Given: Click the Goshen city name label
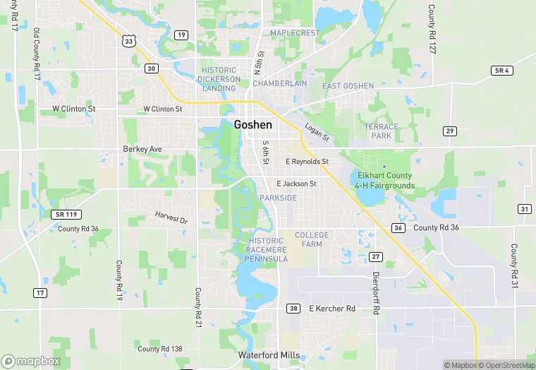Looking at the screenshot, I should [x=253, y=124].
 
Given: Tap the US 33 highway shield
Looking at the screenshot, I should [x=128, y=42].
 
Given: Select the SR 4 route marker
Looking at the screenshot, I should [x=501, y=71].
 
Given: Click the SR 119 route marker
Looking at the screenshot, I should [x=63, y=214].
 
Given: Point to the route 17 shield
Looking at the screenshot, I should [x=40, y=292].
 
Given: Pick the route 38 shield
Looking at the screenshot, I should [x=293, y=309].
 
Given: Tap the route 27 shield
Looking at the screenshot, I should [x=376, y=256].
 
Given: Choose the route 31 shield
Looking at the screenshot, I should [x=524, y=209].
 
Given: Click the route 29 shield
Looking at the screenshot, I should [x=450, y=131].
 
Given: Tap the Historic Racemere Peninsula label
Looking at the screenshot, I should [x=266, y=250].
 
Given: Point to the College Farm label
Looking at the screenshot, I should [x=312, y=239].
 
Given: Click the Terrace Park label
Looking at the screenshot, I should [x=382, y=131].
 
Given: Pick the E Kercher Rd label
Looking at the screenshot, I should [x=332, y=309].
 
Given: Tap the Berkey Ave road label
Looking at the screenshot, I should [x=142, y=149].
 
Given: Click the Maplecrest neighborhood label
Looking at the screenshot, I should [x=295, y=33].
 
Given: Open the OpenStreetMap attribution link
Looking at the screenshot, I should [x=505, y=365].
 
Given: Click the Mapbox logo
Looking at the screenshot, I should [x=31, y=361].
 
